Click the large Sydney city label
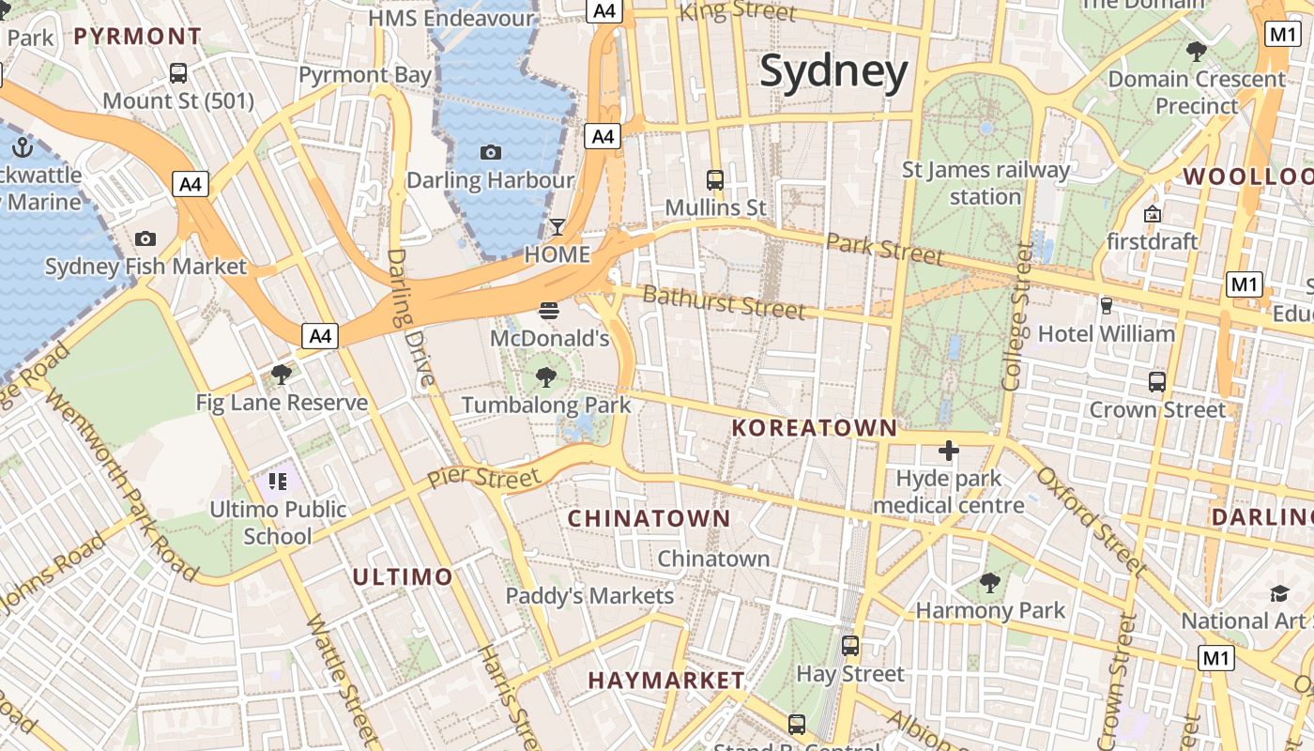tap(833, 72)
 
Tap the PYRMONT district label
tap(137, 37)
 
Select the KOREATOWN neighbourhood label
tap(814, 428)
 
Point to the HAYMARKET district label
tap(666, 681)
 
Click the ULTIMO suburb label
tap(403, 576)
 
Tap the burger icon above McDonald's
tap(549, 311)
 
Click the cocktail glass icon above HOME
tap(558, 227)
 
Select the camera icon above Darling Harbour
tap(490, 152)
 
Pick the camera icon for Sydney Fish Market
tap(145, 239)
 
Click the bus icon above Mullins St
tap(715, 179)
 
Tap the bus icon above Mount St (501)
tap(177, 73)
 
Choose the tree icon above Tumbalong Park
tap(545, 377)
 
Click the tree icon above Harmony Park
tap(989, 583)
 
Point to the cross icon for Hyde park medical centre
tap(948, 451)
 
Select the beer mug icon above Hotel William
tap(1106, 306)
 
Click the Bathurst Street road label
tap(724, 302)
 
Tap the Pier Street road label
tap(484, 477)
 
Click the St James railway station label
tap(985, 183)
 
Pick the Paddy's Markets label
tap(589, 596)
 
